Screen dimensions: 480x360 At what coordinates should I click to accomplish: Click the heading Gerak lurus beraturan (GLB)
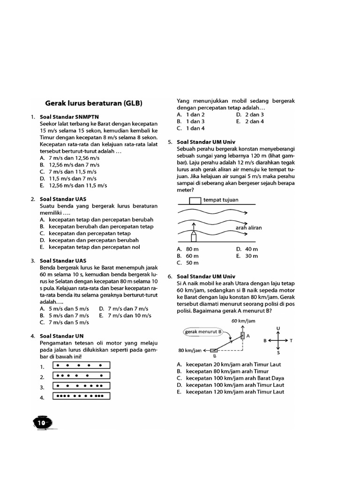tap(93, 103)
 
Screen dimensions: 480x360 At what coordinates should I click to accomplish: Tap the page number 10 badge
tap(41, 422)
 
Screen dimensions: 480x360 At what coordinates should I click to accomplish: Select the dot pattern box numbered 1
tap(82, 366)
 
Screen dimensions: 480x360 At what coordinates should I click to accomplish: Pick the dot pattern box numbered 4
tap(82, 397)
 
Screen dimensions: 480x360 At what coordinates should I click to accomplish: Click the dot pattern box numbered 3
tap(82, 386)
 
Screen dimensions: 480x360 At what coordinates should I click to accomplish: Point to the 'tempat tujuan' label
tap(221, 200)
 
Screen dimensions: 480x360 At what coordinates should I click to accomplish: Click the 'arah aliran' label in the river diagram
tap(248, 228)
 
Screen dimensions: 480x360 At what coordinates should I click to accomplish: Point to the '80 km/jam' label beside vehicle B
tap(190, 350)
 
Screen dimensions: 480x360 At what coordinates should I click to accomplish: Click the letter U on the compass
tap(278, 329)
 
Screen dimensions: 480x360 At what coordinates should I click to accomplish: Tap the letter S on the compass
tap(278, 352)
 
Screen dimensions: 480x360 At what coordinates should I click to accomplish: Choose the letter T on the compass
tap(291, 341)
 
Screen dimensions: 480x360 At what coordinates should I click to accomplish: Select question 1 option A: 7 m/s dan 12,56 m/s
tap(74, 158)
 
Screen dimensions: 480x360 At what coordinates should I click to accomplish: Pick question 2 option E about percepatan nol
tap(94, 247)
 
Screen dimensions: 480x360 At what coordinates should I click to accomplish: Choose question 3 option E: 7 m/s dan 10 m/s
tap(125, 315)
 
